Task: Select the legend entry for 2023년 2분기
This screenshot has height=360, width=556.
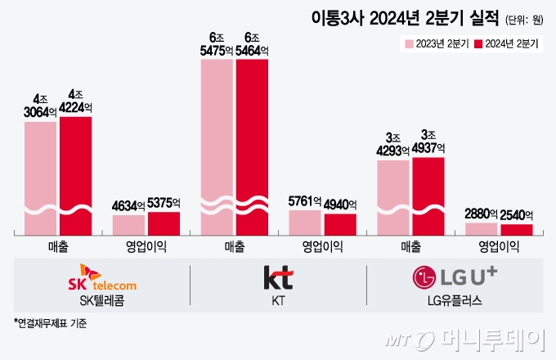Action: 434,43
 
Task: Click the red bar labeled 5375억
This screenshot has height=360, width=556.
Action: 164,223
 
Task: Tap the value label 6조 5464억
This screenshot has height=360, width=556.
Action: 252,44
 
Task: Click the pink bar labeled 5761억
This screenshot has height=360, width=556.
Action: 305,223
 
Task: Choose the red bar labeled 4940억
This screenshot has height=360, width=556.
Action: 340,224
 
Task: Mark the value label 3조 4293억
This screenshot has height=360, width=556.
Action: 392,144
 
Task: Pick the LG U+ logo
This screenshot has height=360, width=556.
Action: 454,277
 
